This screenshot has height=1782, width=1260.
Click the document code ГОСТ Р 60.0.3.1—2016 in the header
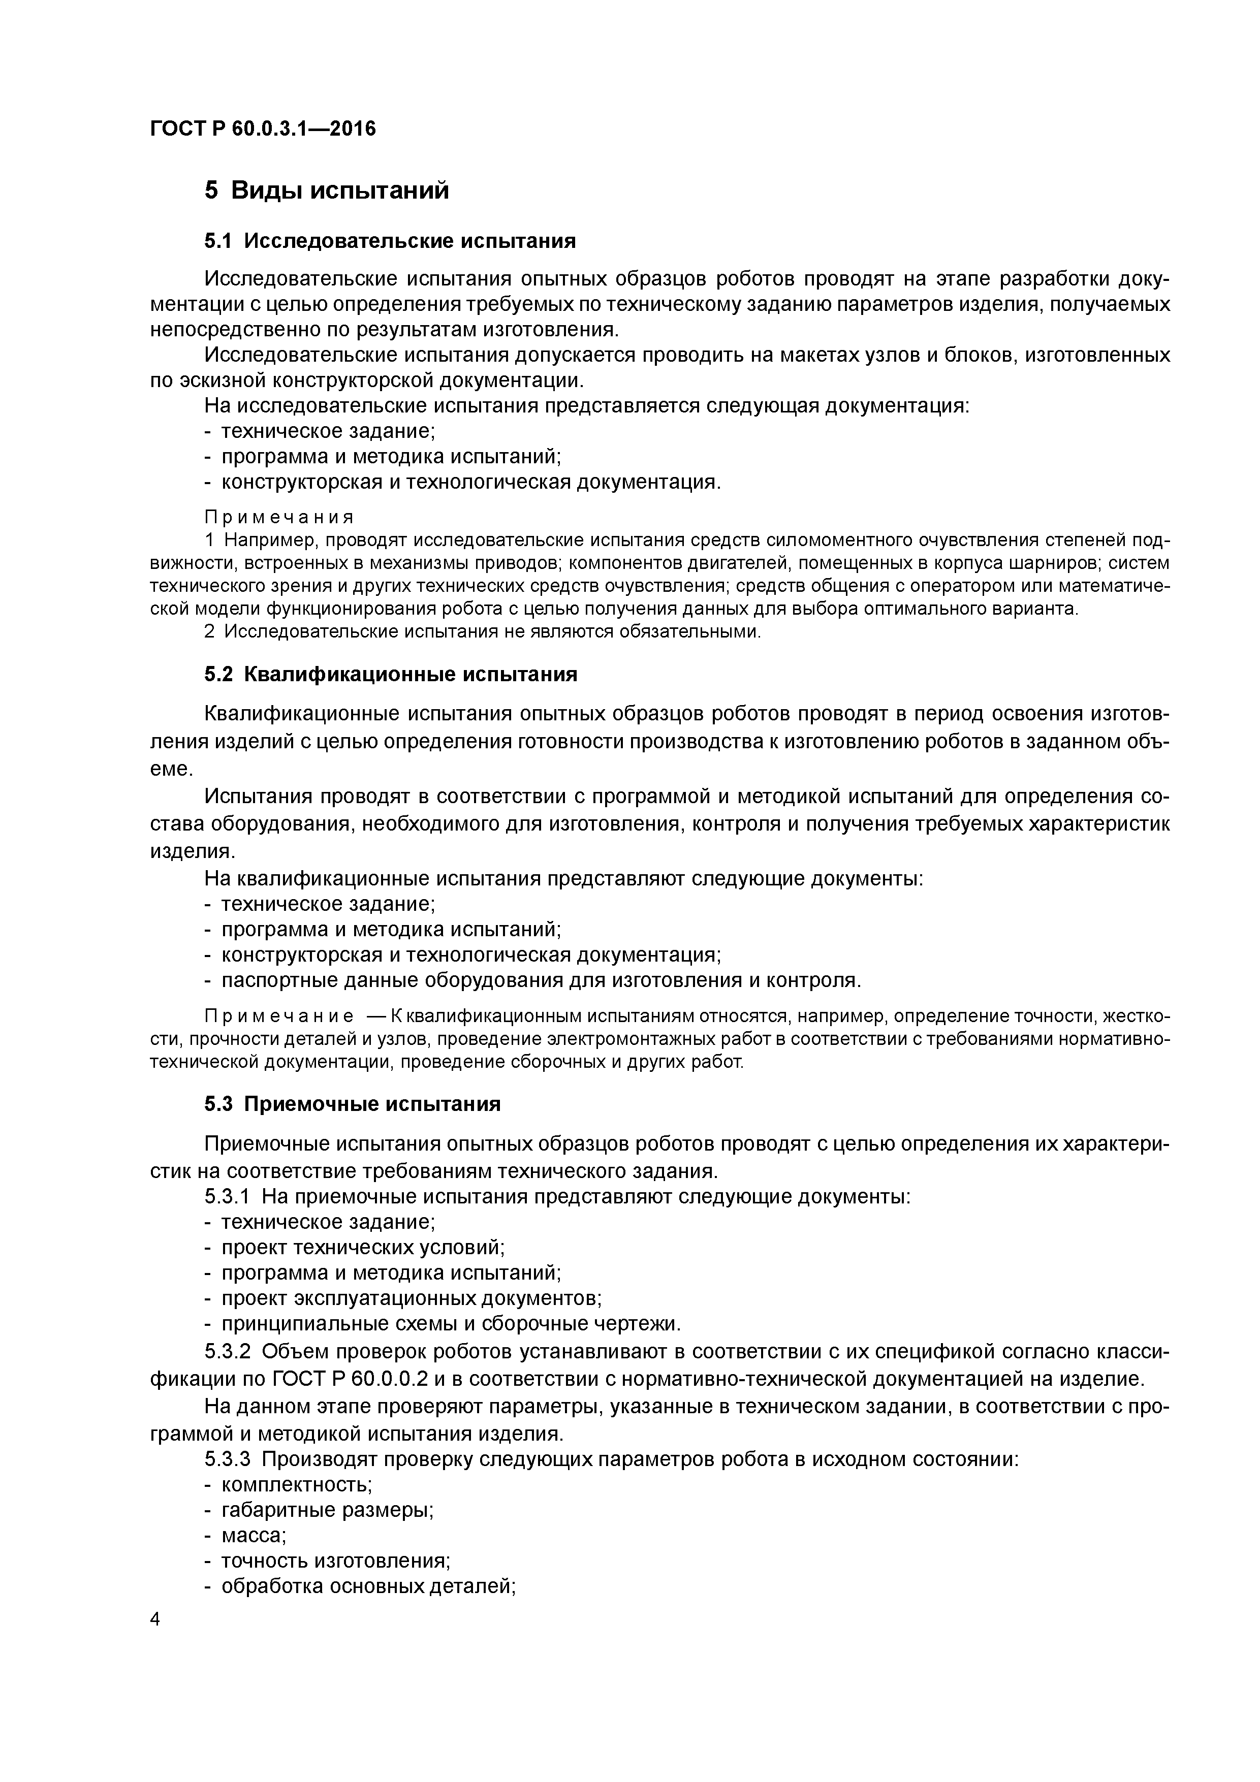(262, 129)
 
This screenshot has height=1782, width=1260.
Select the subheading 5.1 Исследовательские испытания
(390, 241)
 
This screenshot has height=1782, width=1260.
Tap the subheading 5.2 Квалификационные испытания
(391, 675)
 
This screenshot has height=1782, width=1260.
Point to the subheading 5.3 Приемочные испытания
(353, 1104)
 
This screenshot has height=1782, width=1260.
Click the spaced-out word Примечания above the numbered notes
(279, 517)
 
